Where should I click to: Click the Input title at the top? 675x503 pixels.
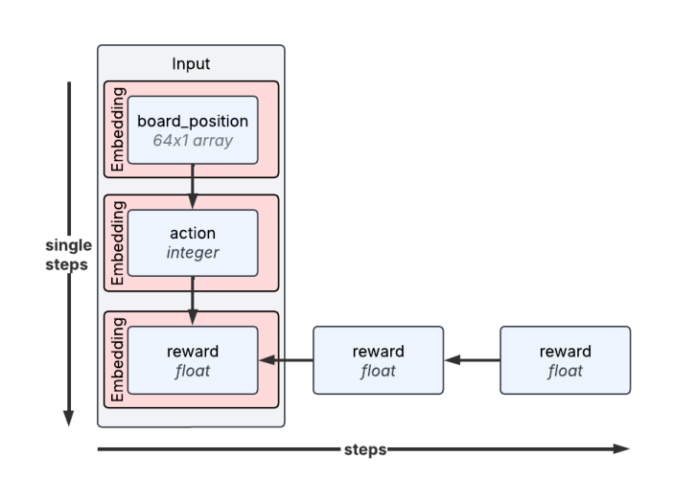coord(191,63)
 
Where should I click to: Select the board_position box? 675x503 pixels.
coord(193,130)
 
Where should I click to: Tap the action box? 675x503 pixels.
coord(193,243)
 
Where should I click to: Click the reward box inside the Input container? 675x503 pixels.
coord(193,360)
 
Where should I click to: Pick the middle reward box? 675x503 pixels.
coord(378,360)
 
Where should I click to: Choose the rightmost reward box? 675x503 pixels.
coord(566,360)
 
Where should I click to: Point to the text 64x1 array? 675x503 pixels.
coord(193,141)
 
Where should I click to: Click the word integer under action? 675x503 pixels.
coord(193,253)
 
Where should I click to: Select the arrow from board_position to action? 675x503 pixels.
coord(193,187)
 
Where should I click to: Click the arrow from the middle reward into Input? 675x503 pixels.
coord(286,360)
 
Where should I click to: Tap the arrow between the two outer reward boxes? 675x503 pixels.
coord(472,359)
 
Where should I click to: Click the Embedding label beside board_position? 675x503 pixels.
coord(118,129)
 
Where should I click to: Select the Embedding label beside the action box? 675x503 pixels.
coord(118,243)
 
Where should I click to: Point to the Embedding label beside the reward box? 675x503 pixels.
coord(118,359)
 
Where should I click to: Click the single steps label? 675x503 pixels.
coord(68,255)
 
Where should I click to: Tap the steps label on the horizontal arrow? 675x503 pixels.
coord(365,449)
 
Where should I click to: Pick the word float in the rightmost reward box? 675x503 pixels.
coord(566,371)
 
